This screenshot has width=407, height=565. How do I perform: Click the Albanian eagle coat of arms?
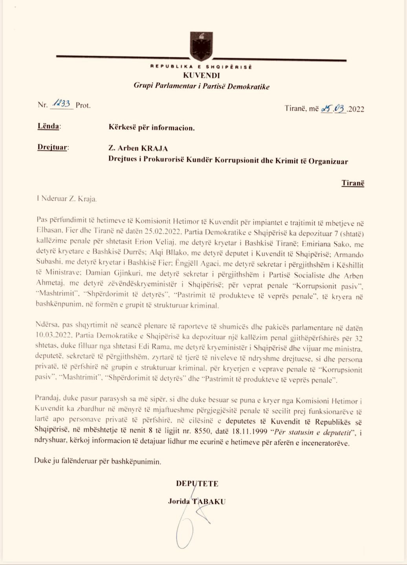pos(201,46)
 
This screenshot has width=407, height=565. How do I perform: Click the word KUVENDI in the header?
pos(201,75)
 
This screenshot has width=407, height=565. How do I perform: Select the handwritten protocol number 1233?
pos(61,104)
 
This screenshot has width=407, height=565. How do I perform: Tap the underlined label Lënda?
pos(49,126)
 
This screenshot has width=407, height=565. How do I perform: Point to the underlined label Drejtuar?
pos(53,148)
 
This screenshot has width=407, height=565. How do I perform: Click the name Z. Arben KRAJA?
pos(138,148)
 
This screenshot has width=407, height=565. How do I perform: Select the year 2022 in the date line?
pos(356,109)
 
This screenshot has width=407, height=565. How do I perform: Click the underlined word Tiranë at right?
pos(352,183)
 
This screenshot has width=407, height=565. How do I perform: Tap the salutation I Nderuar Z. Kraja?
pos(66,199)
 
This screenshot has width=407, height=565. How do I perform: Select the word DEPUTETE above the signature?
pos(197,483)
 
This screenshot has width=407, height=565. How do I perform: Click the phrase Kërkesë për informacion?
pos(151,128)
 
